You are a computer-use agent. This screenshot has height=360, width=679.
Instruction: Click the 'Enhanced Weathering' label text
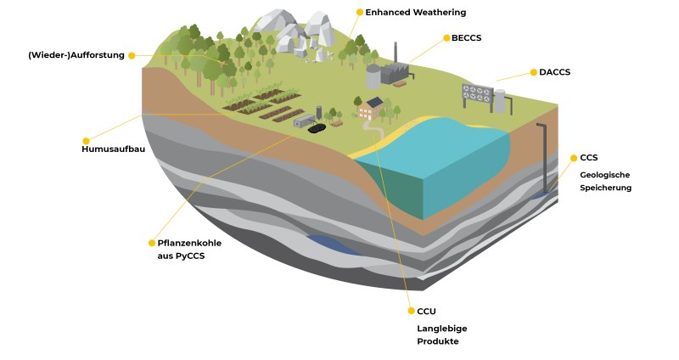(x=415, y=13)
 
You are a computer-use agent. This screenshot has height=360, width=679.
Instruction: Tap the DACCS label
(x=554, y=72)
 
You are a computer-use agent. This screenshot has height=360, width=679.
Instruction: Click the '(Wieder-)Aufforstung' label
(x=76, y=55)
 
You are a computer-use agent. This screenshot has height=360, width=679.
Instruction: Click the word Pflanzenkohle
(x=189, y=242)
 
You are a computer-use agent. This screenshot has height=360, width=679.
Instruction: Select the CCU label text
(x=426, y=311)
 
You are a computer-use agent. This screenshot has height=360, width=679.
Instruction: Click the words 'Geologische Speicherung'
(x=605, y=182)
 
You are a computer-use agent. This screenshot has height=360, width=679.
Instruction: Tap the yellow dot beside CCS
(x=573, y=158)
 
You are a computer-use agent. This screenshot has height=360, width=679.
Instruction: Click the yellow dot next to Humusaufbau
(x=86, y=141)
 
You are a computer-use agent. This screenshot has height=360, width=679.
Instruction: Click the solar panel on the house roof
(x=374, y=103)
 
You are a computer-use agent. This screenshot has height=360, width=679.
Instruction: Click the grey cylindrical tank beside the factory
(x=373, y=76)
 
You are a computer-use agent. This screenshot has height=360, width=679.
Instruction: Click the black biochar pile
(x=319, y=130)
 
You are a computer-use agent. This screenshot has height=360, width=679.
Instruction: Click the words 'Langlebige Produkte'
(x=441, y=335)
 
